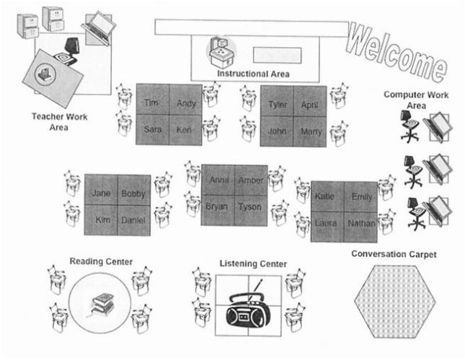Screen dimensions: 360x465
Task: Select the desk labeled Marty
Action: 311,131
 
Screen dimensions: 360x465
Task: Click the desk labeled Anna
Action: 218,180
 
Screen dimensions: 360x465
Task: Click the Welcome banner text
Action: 396,51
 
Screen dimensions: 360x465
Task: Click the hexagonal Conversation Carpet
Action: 392,302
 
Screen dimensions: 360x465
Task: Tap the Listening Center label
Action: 253,264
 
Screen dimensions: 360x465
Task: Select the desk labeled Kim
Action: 102,220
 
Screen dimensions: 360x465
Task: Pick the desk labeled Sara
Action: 152,131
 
